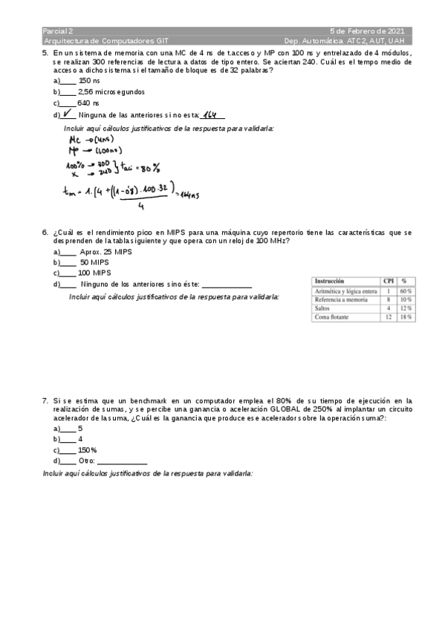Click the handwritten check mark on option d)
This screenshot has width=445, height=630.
click(x=68, y=114)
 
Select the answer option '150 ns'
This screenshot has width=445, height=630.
click(x=89, y=80)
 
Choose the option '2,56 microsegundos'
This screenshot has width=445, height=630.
click(x=111, y=92)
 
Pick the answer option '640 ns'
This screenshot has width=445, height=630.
click(x=88, y=103)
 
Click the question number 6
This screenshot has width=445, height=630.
click(x=45, y=233)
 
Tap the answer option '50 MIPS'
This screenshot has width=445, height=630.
click(x=94, y=263)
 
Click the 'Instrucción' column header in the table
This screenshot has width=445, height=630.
click(x=329, y=282)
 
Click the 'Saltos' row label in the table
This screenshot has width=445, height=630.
click(x=322, y=308)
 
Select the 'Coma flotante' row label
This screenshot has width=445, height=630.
click(x=332, y=316)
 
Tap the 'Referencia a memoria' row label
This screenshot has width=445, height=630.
click(x=341, y=299)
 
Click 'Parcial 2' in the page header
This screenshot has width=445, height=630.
click(x=58, y=31)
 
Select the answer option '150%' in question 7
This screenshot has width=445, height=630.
click(x=88, y=450)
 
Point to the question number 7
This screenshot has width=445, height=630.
click(x=45, y=400)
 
